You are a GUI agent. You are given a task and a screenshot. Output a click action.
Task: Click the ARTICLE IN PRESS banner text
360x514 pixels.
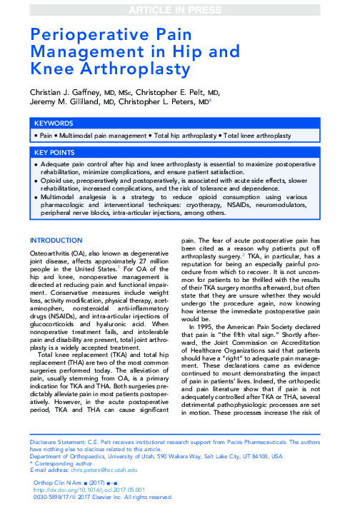(180, 8)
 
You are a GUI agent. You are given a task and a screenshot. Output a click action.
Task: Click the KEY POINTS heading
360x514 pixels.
(59, 153)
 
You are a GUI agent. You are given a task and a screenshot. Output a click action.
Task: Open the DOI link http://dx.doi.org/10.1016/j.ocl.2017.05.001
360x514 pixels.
(107, 489)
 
